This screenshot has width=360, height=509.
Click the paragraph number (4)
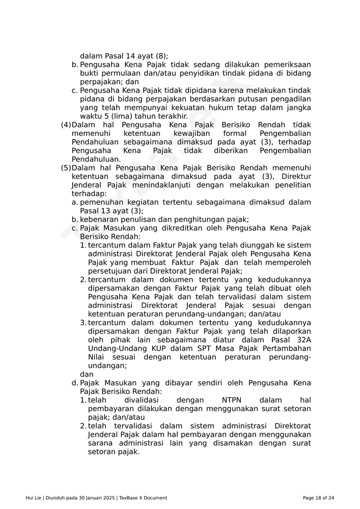pos(66,125)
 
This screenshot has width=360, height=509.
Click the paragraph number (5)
pos(66,168)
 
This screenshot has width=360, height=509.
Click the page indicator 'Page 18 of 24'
pos(318,498)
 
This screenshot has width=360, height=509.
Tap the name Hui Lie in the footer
pos(34,498)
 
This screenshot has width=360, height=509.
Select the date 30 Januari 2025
pos(97,498)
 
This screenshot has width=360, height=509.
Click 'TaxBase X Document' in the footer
pos(143,498)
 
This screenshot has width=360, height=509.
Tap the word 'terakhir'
pos(172,116)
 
